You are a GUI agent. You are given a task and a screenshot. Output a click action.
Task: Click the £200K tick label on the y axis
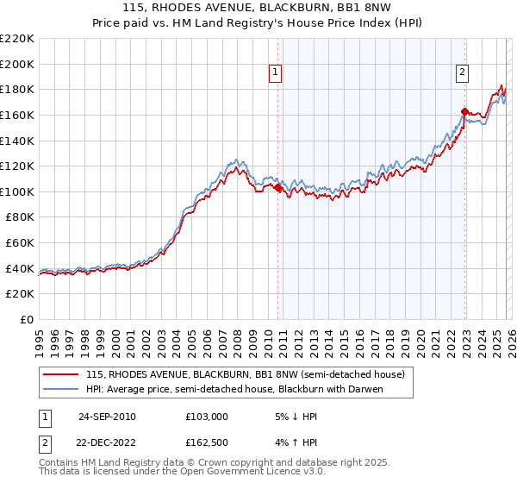(x=17, y=64)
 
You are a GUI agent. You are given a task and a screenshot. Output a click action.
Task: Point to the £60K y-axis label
(x=20, y=243)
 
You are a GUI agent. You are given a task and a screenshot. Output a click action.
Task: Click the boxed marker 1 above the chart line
(x=275, y=73)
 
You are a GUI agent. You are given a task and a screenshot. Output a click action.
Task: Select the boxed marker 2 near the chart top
(x=463, y=73)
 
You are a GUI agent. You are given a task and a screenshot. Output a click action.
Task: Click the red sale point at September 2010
(x=277, y=188)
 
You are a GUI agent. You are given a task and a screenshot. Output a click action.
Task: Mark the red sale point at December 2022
(x=464, y=111)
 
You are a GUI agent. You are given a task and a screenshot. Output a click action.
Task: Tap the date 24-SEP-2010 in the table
(x=107, y=417)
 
